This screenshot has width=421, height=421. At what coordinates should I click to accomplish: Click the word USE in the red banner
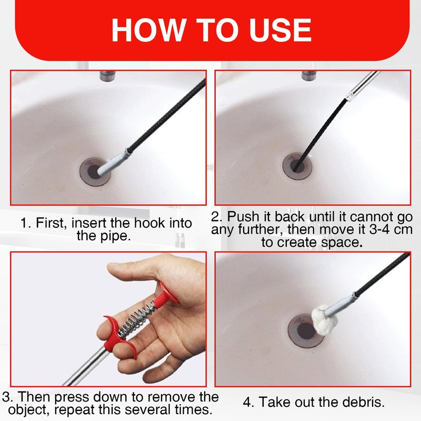point(280,30)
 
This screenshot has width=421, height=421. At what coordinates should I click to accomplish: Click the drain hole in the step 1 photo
point(95,172)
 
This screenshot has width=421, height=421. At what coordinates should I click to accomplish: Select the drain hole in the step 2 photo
point(297,166)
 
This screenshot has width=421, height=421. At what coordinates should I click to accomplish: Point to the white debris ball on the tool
point(324,320)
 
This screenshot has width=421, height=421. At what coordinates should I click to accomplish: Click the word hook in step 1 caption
point(149,223)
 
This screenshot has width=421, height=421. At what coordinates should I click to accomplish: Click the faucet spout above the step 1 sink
point(107,75)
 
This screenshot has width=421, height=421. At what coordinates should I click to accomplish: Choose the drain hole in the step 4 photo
point(305,331)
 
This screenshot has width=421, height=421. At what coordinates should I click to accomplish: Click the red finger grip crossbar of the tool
point(115,336)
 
